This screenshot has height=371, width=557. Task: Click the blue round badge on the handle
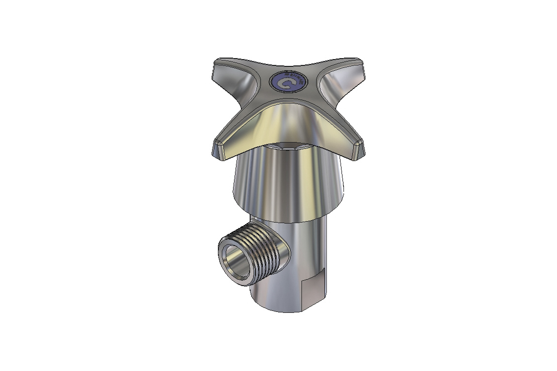[289, 82]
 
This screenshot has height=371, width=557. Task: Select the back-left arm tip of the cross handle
[219, 66]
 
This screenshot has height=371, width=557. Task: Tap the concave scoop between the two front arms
[288, 120]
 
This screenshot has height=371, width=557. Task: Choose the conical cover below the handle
[288, 181]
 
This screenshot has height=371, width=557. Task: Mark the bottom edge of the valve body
[288, 311]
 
